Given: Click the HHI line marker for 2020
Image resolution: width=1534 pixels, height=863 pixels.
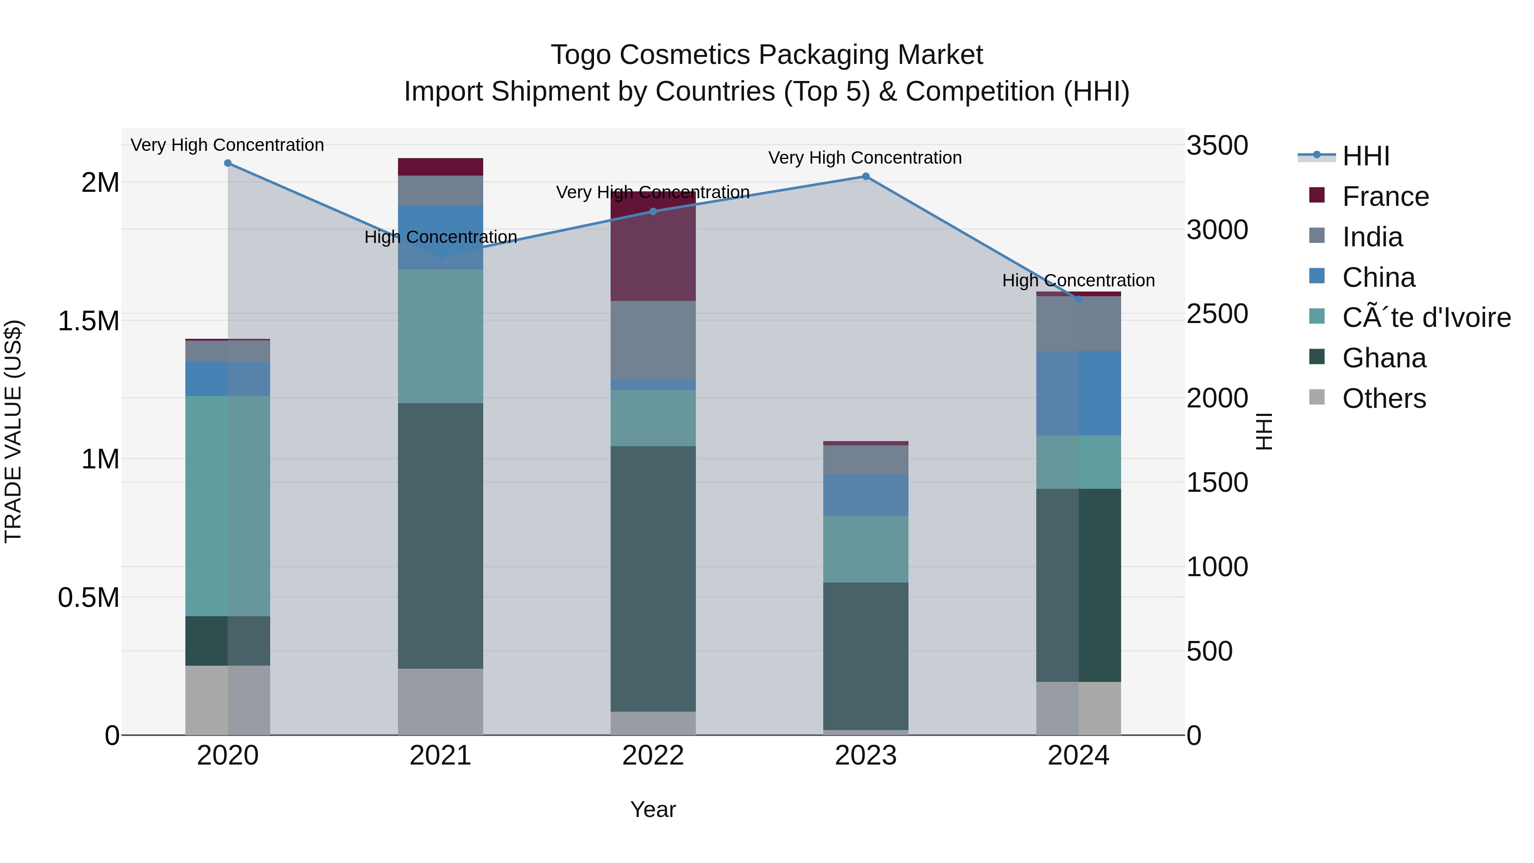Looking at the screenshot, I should pyautogui.click(x=228, y=163).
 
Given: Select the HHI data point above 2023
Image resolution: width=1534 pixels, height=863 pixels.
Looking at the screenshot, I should pyautogui.click(x=866, y=176).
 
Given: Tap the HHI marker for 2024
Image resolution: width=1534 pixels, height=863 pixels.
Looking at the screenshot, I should pyautogui.click(x=1078, y=299).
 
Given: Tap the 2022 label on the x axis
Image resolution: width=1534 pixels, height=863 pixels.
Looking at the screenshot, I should pyautogui.click(x=653, y=756).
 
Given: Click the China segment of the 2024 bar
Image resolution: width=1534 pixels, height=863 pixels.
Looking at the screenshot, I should pyautogui.click(x=1078, y=393).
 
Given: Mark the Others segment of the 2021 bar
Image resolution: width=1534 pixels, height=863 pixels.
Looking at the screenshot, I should pyautogui.click(x=441, y=701).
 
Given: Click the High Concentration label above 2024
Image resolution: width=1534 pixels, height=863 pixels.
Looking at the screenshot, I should pyautogui.click(x=1078, y=280).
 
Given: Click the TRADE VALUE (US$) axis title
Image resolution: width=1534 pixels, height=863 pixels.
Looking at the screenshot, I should pyautogui.click(x=13, y=431).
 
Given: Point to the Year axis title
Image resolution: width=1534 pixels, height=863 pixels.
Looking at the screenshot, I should pyautogui.click(x=653, y=809).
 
